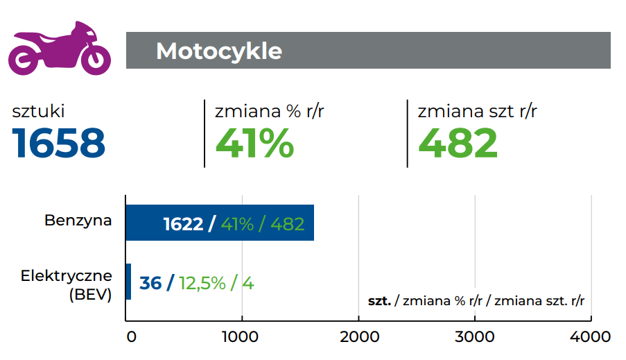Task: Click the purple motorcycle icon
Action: [59, 48]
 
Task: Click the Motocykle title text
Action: [219, 51]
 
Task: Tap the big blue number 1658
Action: [59, 143]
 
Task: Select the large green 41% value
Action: [254, 143]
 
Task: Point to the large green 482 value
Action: [458, 143]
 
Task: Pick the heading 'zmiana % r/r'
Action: [270, 111]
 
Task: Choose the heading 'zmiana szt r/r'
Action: [478, 111]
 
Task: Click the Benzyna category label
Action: [78, 221]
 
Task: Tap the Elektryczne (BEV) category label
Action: [67, 284]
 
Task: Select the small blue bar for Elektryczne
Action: [128, 282]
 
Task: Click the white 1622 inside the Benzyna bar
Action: [183, 224]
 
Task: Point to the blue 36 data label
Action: [150, 283]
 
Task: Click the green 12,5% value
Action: [202, 283]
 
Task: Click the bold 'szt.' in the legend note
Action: [379, 301]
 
